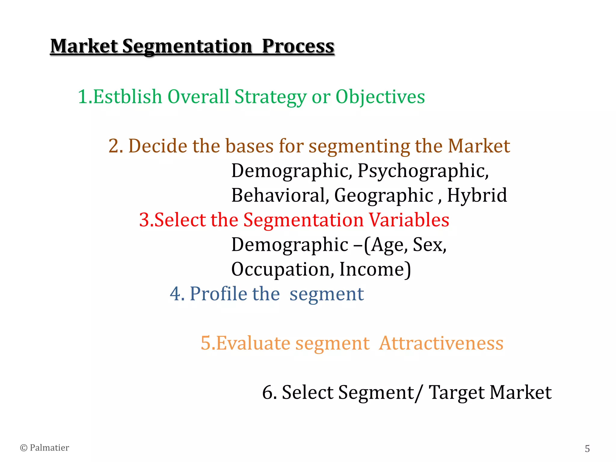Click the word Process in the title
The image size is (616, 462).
pos(298,47)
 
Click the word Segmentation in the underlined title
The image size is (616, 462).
pos(187,47)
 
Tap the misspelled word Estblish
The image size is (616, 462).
pos(128,97)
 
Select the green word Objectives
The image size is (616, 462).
pos(380,97)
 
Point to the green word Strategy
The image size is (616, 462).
pos(270,97)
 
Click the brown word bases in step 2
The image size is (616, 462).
pos(249,146)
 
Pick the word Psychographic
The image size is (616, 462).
pos(423,171)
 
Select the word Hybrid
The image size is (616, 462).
pos(477,195)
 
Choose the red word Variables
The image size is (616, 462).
pos(409,220)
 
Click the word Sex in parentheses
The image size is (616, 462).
pos(429,245)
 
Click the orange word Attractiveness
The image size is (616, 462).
pos(441,343)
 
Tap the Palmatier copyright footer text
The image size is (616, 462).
pos(45,448)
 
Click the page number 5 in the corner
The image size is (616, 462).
pos(587,448)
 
